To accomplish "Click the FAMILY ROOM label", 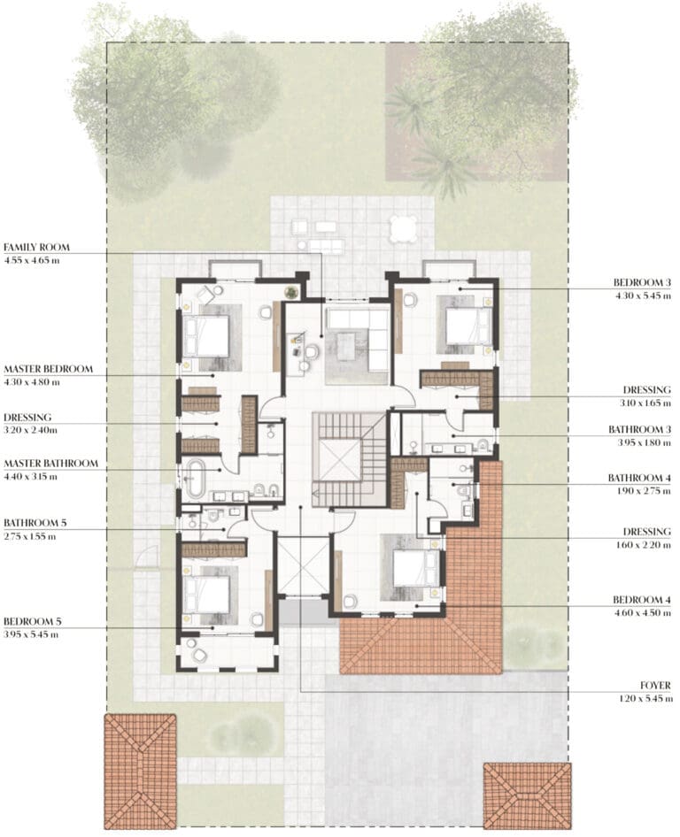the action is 37,247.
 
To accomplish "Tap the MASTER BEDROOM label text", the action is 48,369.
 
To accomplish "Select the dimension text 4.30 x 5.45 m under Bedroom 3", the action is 643,296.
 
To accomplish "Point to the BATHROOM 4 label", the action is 639,478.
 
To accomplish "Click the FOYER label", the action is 655,685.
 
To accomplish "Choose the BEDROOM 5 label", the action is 33,621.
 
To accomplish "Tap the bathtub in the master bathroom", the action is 195,479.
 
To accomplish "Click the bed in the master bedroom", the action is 206,335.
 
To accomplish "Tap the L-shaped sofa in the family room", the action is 359,339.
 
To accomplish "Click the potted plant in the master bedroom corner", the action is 291,292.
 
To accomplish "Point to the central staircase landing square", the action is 338,460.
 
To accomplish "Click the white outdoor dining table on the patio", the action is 403,229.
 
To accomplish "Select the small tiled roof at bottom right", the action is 528,795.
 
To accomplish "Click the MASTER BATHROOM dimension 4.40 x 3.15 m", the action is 30,477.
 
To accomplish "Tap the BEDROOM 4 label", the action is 642,600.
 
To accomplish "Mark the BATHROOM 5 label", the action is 35,523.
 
